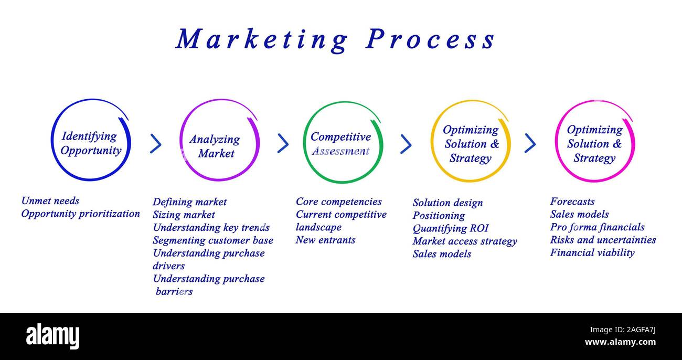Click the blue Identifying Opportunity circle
pyautogui.click(x=90, y=141)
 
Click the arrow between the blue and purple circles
pyautogui.click(x=155, y=143)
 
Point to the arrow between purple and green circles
pyautogui.click(x=283, y=143)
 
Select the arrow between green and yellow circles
pyautogui.click(x=406, y=144)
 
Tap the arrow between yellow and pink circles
pyautogui.click(x=530, y=143)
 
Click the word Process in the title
pyautogui.click(x=430, y=40)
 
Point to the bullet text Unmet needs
pyautogui.click(x=50, y=200)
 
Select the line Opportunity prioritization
pyautogui.click(x=80, y=214)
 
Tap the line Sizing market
pyautogui.click(x=184, y=215)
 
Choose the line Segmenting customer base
pyautogui.click(x=213, y=240)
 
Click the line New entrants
pyautogui.click(x=325, y=240)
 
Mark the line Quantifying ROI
pyautogui.click(x=450, y=228)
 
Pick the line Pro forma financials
pyautogui.click(x=597, y=227)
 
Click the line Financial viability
pyautogui.click(x=592, y=252)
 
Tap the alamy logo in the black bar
pyautogui.click(x=52, y=336)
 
